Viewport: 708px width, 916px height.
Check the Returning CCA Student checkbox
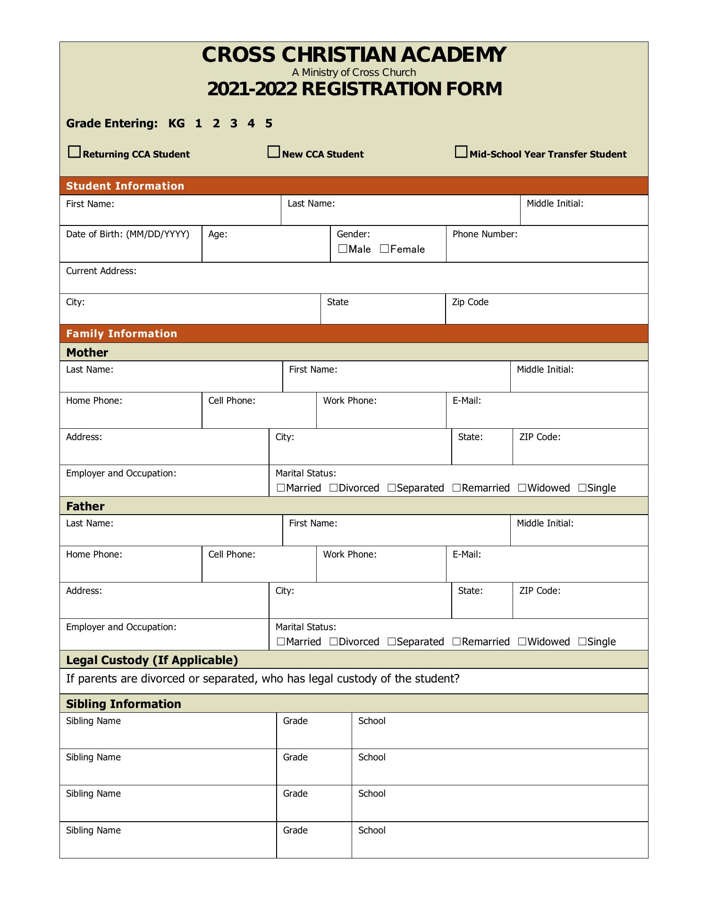[74, 152]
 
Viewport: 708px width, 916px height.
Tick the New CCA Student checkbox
[273, 152]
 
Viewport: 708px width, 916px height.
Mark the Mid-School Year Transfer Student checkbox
[461, 152]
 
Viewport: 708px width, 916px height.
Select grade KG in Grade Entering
[177, 124]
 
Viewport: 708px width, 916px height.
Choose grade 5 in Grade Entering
[269, 124]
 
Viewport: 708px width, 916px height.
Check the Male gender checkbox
[343, 249]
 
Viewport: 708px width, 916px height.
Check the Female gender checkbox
[384, 249]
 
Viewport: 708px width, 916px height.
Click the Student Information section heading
[125, 186]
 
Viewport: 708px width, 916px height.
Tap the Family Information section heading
[122, 333]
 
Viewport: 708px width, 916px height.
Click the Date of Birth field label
[127, 234]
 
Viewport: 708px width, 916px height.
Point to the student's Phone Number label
[485, 234]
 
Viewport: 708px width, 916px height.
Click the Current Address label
[101, 271]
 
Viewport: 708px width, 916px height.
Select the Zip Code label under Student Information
[470, 302]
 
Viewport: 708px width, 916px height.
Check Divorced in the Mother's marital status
[334, 488]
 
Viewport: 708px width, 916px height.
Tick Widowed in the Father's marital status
[522, 641]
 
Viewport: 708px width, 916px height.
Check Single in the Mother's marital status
[582, 488]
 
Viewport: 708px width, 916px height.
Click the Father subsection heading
[85, 506]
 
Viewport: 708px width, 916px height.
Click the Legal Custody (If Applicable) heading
[152, 660]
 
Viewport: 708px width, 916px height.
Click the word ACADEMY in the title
[453, 55]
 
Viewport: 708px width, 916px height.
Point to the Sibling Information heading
[124, 704]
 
